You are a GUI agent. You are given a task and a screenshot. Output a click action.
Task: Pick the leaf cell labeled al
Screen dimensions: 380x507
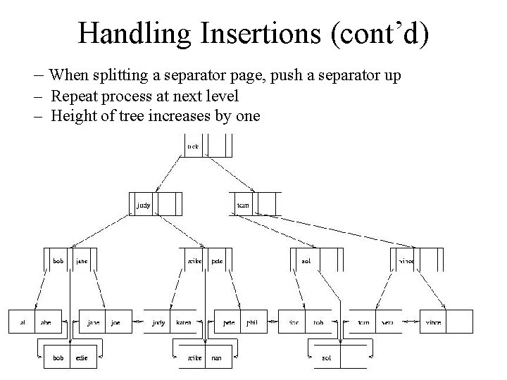(22, 322)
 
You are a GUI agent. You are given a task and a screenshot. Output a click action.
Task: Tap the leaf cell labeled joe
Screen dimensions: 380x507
(116, 322)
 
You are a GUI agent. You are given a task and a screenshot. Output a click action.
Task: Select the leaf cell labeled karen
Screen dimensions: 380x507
(184, 322)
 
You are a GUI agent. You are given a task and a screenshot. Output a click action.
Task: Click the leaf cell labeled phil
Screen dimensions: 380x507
(251, 322)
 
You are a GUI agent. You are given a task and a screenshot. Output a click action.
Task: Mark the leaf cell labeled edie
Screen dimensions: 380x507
(82, 357)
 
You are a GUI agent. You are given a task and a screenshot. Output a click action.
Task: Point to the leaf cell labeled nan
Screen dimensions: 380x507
(217, 357)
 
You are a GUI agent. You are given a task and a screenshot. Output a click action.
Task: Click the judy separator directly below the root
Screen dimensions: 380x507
(143, 205)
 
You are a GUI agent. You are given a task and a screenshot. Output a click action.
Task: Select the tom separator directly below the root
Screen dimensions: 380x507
(243, 205)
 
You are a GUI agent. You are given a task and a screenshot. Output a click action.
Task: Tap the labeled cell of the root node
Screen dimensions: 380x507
(193, 146)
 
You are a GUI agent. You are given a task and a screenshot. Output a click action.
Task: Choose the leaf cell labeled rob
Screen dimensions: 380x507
(319, 322)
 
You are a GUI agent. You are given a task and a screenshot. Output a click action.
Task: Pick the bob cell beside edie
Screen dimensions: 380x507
(58, 357)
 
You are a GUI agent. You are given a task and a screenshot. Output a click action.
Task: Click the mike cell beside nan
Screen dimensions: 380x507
(194, 357)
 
